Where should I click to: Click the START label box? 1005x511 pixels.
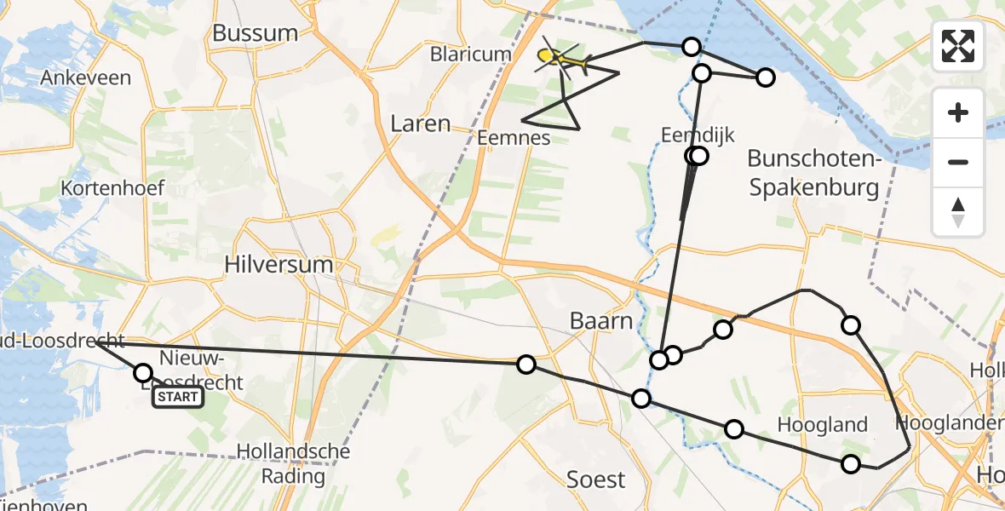point(178,397)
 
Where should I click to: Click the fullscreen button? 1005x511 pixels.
point(958,46)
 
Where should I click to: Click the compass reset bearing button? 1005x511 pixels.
point(958,212)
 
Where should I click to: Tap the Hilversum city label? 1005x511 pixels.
point(279,264)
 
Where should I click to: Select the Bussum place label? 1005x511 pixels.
point(256,33)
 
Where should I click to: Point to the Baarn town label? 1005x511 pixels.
point(602,321)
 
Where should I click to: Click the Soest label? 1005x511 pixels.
point(596,479)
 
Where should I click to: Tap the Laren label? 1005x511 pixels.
point(420,123)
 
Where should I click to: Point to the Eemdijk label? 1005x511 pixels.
point(697,134)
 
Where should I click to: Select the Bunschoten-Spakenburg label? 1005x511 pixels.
point(813,173)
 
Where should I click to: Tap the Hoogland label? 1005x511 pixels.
point(823,425)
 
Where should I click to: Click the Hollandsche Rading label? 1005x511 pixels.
point(293,462)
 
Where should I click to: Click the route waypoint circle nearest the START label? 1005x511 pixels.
point(143,373)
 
